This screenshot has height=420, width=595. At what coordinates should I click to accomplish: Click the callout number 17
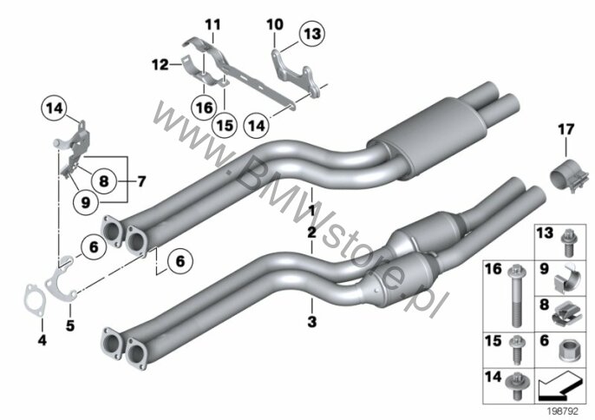[566, 130]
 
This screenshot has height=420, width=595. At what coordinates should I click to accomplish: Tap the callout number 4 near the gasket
[42, 340]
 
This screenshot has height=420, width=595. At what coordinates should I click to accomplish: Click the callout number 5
[69, 325]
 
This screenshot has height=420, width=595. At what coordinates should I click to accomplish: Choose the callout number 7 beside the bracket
[141, 181]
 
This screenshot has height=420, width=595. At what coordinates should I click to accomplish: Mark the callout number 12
[160, 64]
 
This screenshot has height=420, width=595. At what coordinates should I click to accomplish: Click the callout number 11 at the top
[212, 25]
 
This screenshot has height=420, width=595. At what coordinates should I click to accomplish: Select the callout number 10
[275, 25]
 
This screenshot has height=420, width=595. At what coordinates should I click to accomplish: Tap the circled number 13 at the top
[312, 34]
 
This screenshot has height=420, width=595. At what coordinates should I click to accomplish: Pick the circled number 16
[205, 108]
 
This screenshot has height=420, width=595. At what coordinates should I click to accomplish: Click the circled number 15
[225, 125]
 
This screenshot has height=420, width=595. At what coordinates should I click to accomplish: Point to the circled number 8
[103, 180]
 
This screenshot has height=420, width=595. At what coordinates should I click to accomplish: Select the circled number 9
[86, 201]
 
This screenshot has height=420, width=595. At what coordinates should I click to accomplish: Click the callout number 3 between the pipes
[311, 322]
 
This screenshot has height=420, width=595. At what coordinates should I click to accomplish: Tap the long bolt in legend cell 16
[515, 295]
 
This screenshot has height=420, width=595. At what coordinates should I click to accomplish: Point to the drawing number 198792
[562, 410]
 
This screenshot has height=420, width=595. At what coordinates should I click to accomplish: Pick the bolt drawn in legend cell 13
[569, 243]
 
